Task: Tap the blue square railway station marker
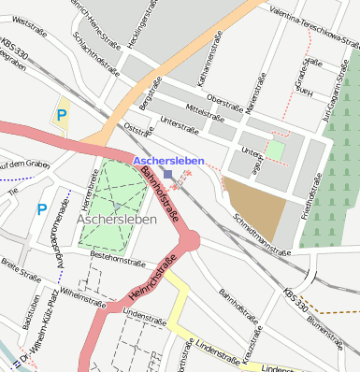click(x=167, y=175)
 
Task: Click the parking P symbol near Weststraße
click(x=62, y=116)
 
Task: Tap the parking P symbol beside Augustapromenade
click(x=42, y=209)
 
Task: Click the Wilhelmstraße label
click(x=83, y=293)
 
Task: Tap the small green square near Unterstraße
click(x=274, y=149)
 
